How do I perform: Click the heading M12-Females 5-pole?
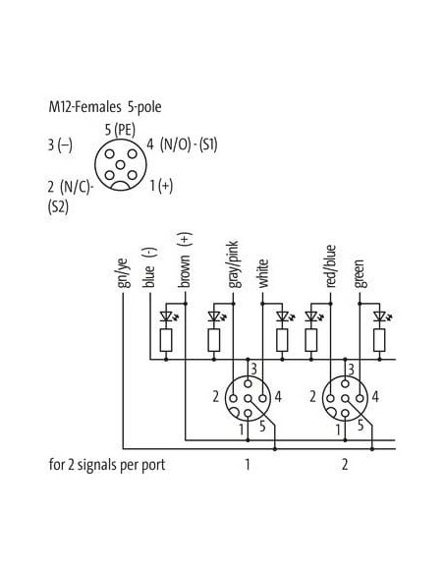coord(105,107)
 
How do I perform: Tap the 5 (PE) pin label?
coord(120,130)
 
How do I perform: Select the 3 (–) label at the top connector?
coord(60,144)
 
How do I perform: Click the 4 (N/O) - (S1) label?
coord(182,144)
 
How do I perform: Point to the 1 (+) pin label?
coord(161,186)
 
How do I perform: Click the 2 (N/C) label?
coord(71,187)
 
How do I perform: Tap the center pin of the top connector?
coord(120,165)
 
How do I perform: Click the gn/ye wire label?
coord(123,273)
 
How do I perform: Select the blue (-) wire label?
coord(150,267)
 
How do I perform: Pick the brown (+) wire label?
coord(185,259)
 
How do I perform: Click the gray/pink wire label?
coord(233,264)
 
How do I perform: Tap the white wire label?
coord(262,273)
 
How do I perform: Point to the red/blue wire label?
coord(330,266)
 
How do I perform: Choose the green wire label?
coord(360,274)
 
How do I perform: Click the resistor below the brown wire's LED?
coord(166,340)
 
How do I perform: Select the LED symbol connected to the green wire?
coord(381,316)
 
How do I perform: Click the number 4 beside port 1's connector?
coord(278,397)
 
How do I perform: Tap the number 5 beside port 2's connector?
coord(361,426)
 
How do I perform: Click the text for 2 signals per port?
coord(107,465)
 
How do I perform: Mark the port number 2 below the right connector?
coord(345,465)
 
